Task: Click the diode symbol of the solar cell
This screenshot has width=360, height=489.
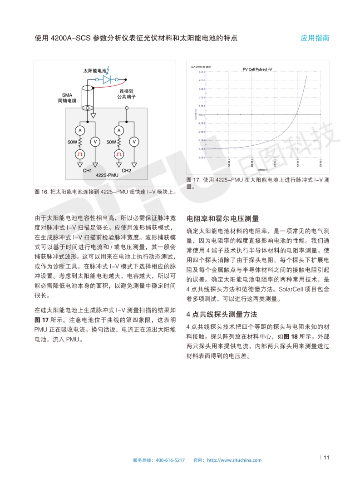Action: (107, 79)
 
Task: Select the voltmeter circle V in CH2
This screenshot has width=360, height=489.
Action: (134, 142)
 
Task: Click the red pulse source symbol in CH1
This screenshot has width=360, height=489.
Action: (80, 154)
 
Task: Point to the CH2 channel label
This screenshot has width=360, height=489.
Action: (126, 170)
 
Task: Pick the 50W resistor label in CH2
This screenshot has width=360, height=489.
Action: (112, 142)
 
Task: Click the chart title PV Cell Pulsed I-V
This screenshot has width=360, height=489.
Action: (257, 69)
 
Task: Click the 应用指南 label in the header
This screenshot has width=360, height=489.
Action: (315, 38)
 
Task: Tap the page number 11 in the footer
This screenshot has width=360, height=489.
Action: (326, 458)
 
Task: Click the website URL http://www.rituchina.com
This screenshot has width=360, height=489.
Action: (234, 460)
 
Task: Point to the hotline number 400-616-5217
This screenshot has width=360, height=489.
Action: (170, 460)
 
